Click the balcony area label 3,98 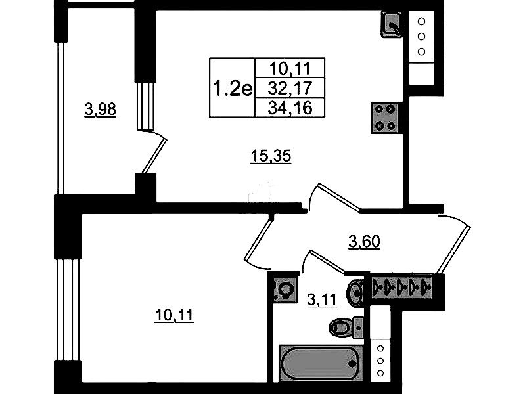[100, 110]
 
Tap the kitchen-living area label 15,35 [271, 156]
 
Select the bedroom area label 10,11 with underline [174, 315]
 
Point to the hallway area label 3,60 [364, 242]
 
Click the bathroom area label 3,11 [322, 299]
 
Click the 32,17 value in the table [290, 89]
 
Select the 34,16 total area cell [290, 108]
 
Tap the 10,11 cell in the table [290, 69]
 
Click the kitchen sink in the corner [392, 25]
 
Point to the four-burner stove [386, 118]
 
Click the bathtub [321, 363]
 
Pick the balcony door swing [152, 152]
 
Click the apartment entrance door [455, 244]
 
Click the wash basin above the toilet [355, 292]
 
